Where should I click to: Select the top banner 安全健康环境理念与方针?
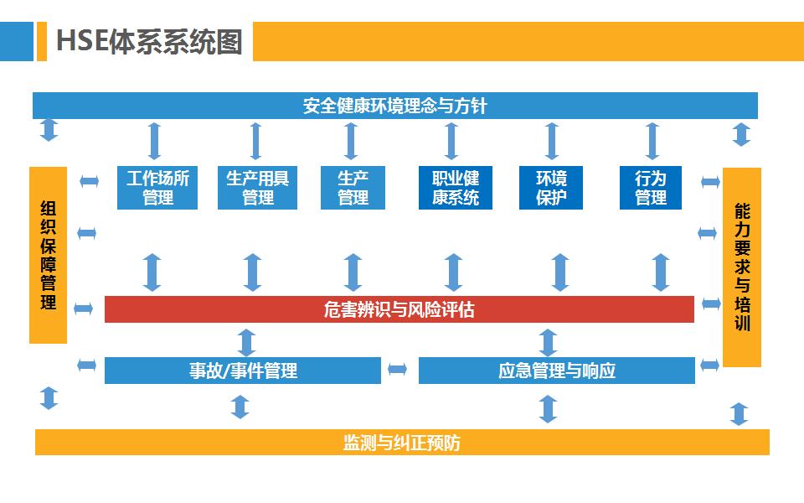(394, 106)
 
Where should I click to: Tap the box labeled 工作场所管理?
(157, 188)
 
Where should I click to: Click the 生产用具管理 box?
(257, 188)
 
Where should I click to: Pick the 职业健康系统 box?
(455, 188)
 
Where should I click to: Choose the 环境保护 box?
(551, 188)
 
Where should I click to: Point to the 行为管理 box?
(650, 188)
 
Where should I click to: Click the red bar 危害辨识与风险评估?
(399, 309)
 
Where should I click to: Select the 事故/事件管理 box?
(242, 370)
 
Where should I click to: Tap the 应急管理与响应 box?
(556, 370)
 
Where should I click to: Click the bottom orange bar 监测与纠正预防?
(402, 442)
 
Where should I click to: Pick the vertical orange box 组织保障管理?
(48, 255)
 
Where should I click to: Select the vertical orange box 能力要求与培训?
(741, 267)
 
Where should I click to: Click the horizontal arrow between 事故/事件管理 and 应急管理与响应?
(398, 369)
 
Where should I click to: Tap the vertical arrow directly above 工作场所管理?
(154, 140)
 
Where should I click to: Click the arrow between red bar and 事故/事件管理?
(246, 342)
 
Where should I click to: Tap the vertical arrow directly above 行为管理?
(652, 140)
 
